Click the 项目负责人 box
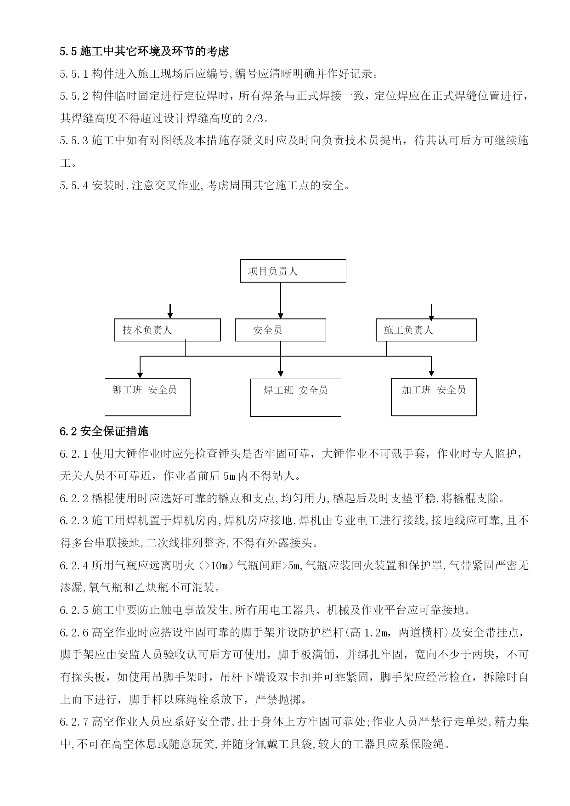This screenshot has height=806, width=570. (x=293, y=271)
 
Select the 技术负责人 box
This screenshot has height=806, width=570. (x=167, y=330)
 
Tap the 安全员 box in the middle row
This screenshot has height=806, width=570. (x=280, y=330)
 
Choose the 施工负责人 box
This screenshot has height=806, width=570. (x=426, y=330)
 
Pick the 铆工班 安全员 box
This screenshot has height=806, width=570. (x=147, y=397)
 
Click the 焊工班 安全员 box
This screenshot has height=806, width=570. (x=295, y=397)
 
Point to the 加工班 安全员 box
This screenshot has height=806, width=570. (x=434, y=397)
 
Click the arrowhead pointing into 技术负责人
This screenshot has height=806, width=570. (x=170, y=315)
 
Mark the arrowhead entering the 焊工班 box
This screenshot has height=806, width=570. (x=281, y=373)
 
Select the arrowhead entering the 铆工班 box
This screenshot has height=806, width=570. (x=140, y=373)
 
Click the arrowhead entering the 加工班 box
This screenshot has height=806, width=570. (x=431, y=373)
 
